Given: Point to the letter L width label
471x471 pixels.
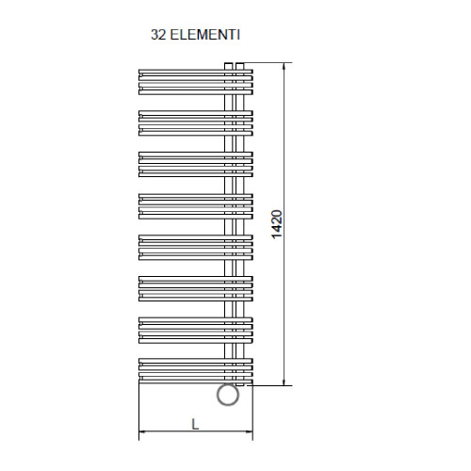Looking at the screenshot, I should [195, 423].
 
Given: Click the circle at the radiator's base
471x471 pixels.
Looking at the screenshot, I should [227, 395].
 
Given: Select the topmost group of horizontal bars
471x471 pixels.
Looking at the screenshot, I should [194, 79].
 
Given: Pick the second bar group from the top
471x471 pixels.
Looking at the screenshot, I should [194, 120].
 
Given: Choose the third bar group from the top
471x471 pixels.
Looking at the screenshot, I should [194, 161].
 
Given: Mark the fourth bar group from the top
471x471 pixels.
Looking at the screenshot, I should [194, 203].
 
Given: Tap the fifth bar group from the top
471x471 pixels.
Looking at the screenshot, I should [194, 244].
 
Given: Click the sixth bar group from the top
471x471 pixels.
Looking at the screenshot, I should [194, 285].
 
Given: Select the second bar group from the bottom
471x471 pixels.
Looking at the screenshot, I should [194, 327].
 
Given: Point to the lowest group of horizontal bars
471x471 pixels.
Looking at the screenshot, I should [194, 368].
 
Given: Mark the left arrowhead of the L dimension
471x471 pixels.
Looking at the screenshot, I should [143, 434].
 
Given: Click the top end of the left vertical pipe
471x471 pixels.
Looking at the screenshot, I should [229, 64].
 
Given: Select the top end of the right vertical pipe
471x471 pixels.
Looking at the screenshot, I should [241, 64].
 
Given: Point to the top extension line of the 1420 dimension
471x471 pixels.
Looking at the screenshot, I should [268, 62].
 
